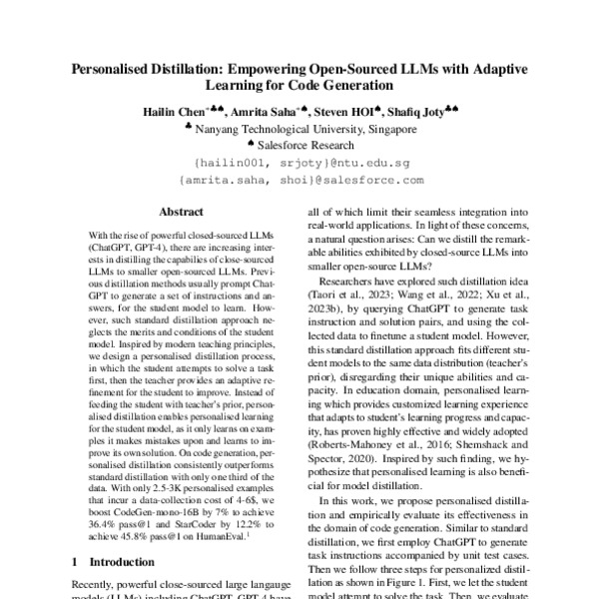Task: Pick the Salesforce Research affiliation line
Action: point(304,146)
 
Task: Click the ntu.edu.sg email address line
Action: point(299,162)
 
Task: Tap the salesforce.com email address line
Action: point(299,180)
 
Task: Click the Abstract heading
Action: point(183,212)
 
